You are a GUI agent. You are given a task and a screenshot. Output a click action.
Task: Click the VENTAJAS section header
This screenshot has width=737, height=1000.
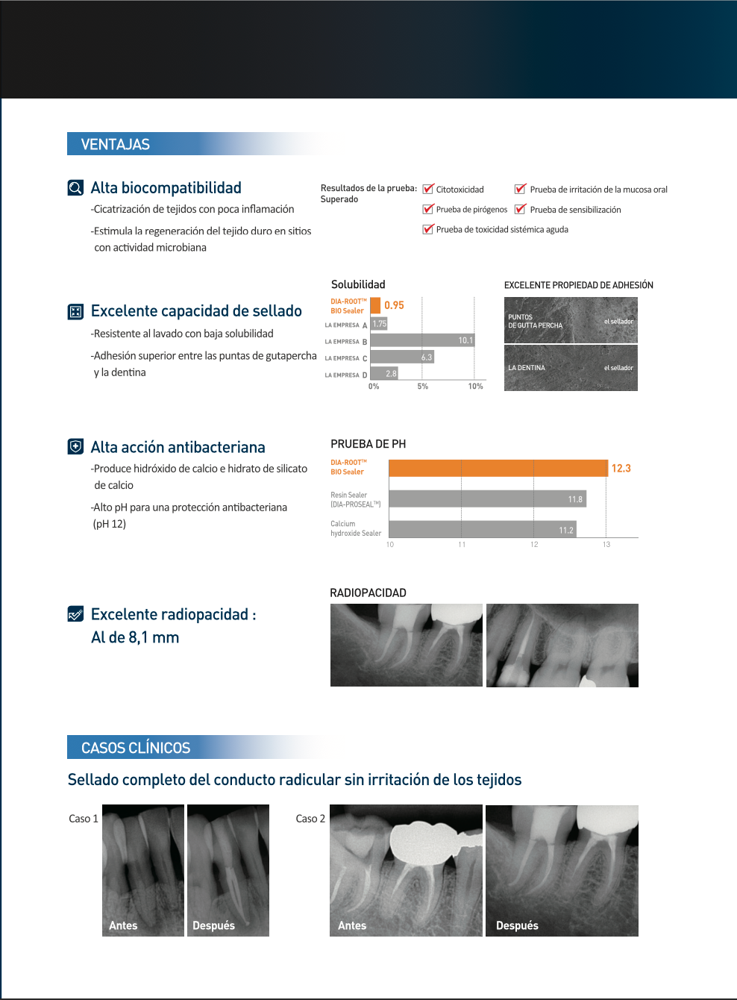(x=116, y=144)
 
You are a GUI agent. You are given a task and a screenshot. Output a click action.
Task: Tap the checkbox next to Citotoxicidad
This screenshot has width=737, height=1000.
(x=428, y=190)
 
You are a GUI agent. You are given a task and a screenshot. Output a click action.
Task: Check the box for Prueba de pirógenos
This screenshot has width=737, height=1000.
(x=428, y=210)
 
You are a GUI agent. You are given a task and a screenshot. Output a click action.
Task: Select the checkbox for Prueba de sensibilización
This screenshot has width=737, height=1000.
(x=521, y=210)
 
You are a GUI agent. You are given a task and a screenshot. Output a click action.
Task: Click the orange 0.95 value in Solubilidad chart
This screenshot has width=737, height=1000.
(x=394, y=305)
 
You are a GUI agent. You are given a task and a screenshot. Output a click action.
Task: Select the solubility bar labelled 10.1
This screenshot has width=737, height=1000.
(x=422, y=340)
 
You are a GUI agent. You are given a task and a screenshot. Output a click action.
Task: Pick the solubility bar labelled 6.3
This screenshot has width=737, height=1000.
(x=402, y=357)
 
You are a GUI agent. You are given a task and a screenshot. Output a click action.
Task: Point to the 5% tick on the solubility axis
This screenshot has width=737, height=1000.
(x=423, y=387)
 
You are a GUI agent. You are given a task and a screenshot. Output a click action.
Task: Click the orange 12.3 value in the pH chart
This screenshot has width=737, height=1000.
(x=621, y=469)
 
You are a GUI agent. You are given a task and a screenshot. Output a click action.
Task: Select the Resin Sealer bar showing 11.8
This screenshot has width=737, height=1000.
(x=487, y=499)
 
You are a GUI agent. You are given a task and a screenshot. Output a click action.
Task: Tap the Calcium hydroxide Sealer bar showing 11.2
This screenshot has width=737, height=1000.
(x=482, y=529)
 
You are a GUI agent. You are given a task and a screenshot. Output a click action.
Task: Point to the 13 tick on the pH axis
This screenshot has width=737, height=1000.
(x=606, y=545)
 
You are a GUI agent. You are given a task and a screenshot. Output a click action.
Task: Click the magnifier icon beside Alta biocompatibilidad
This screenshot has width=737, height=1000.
(x=75, y=187)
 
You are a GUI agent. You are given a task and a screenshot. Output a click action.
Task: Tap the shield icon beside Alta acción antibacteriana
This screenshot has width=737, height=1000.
(x=75, y=446)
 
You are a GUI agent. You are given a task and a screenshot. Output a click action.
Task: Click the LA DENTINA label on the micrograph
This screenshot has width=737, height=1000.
(x=527, y=368)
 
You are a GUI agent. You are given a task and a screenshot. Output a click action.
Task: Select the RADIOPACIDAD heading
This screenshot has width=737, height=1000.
(x=368, y=593)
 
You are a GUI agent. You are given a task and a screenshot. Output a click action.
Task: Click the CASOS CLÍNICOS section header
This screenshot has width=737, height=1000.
(x=136, y=748)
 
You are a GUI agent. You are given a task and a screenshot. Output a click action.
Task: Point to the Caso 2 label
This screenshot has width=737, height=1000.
(x=310, y=819)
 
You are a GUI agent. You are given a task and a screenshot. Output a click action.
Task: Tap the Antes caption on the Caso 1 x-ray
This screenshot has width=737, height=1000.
(x=123, y=925)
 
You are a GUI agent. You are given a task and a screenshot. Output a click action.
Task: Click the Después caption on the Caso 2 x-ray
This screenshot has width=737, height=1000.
(x=517, y=925)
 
